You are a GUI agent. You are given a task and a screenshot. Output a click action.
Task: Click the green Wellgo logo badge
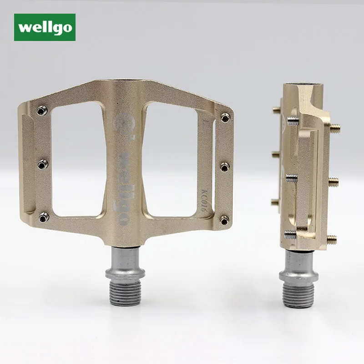(45, 27)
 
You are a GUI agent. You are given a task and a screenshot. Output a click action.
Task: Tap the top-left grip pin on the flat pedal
(42, 111)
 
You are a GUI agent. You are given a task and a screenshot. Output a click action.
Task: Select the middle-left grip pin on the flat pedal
(43, 164)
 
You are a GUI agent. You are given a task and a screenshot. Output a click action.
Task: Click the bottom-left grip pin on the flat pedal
(44, 217)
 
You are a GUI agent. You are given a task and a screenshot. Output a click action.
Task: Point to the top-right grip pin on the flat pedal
(225, 117)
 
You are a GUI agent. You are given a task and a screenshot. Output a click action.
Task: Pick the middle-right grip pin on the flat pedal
(225, 167)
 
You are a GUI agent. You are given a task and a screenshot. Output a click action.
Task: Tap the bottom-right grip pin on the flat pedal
(224, 220)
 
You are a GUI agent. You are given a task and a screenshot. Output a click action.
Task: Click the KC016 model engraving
(205, 199)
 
